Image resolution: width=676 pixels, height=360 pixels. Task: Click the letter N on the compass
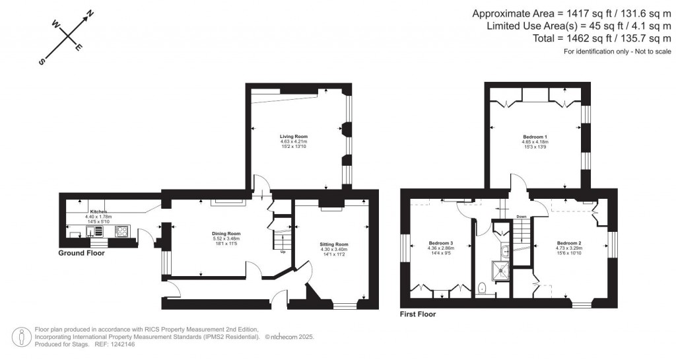[x=90, y=13]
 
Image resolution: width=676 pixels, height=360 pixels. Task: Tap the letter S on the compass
[x=42, y=62]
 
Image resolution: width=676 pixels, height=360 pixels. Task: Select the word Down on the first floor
[x=522, y=217]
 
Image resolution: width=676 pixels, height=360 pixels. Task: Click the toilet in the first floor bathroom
[x=483, y=287]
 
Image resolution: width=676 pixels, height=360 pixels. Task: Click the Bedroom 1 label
[x=535, y=137]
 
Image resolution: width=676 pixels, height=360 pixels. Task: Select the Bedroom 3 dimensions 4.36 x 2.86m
[x=440, y=248]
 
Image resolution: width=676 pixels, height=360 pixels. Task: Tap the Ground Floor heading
[x=81, y=253]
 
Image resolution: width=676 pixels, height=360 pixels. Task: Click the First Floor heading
[x=418, y=314]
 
